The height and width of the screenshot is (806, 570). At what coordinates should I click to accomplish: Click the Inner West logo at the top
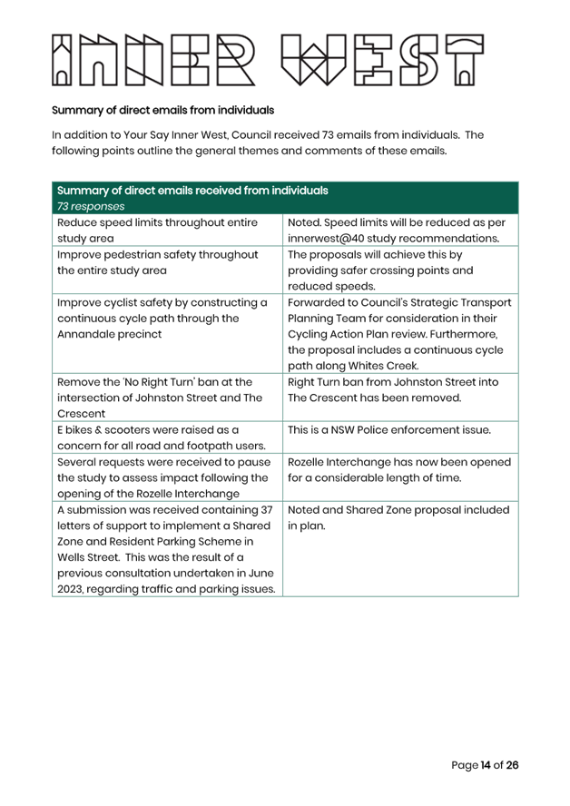pos(268,60)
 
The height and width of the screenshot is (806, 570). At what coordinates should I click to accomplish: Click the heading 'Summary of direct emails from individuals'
pos(163,110)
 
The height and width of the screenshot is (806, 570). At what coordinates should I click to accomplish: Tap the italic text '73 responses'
pos(91,206)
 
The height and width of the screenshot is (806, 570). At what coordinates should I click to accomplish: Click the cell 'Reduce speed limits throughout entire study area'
pos(168,230)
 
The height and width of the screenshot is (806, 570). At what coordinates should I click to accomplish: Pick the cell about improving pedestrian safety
pos(168,270)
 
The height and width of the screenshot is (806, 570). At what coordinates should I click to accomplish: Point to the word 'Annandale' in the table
pos(84,334)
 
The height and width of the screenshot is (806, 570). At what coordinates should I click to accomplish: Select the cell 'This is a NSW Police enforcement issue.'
pos(400,437)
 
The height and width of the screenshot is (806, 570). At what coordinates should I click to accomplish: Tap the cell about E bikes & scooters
pos(168,437)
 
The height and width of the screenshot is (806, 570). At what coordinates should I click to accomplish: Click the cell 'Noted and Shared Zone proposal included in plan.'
pos(400,548)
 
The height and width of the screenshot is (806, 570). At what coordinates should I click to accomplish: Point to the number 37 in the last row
pos(266,510)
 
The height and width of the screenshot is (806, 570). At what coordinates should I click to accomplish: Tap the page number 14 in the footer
pos(486,765)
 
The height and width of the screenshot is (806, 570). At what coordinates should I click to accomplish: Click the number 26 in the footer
pos(513,765)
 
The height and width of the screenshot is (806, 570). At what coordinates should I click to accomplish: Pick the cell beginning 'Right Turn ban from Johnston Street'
pos(400,398)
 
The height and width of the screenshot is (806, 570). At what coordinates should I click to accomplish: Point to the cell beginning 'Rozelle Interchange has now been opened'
pos(400,477)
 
